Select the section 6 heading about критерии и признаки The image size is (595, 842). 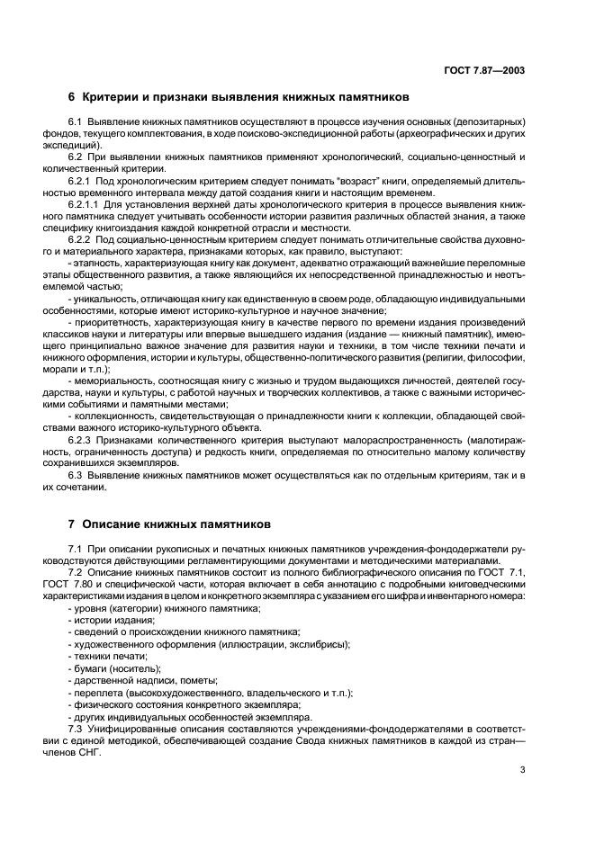[x=239, y=97]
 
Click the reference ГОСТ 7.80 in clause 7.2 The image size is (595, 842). [x=93, y=587]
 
